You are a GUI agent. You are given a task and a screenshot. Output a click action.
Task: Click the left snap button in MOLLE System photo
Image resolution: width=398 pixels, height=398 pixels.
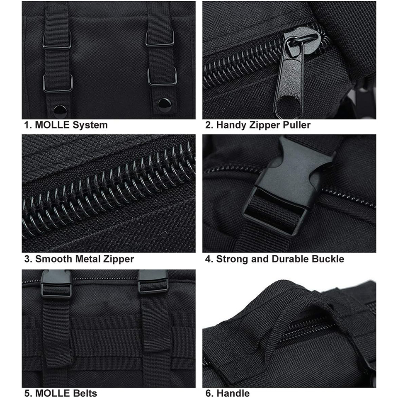60,111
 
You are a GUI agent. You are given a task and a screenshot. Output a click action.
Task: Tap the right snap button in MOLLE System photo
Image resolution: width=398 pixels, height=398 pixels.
165,105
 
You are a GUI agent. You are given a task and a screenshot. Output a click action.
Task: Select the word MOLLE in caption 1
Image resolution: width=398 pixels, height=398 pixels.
52,125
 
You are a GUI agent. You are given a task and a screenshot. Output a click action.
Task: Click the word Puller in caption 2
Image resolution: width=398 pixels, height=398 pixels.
297,125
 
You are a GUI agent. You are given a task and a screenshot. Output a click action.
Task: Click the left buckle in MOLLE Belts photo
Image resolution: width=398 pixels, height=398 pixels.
56,283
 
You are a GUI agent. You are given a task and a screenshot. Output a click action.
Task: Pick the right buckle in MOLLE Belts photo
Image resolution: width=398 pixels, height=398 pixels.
153,281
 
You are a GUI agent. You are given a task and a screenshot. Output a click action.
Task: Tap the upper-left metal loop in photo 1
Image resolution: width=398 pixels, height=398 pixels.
57,40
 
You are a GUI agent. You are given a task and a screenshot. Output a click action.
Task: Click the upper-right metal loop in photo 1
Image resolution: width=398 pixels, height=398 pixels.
160,38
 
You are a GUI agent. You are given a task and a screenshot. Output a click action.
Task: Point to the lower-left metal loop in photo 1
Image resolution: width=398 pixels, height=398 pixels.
58,84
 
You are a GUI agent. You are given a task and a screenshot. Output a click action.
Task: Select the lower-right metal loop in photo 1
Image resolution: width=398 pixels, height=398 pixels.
163,77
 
